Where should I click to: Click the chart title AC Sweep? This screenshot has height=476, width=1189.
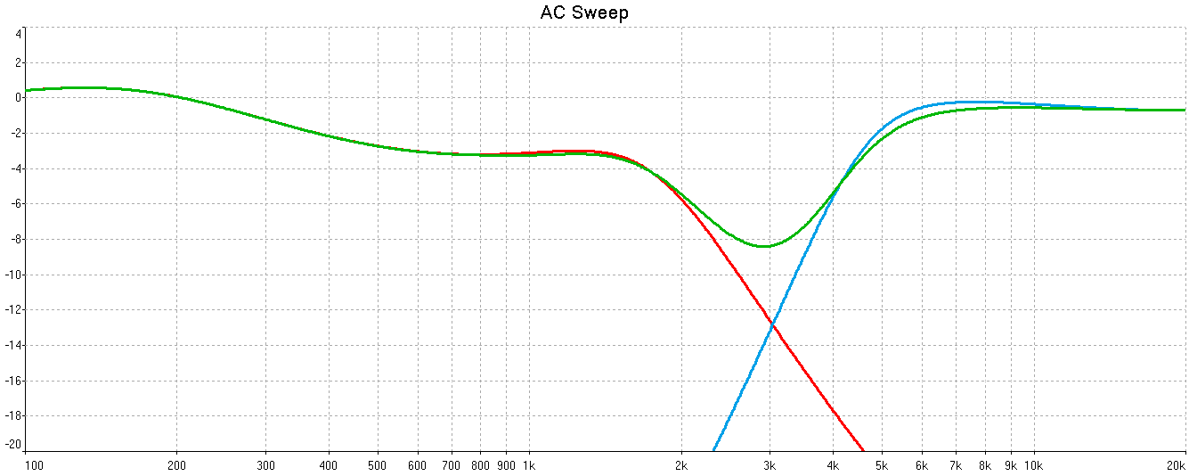pos(584,12)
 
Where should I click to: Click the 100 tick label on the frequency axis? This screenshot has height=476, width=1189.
pos(33,465)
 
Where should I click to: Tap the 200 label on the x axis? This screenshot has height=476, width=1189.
pos(176,465)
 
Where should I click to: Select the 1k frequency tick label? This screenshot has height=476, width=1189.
pos(528,465)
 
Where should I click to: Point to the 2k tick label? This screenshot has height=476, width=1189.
pos(681,465)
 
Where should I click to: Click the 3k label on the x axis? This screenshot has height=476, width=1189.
pos(770,465)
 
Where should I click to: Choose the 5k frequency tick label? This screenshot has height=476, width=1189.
pos(883,465)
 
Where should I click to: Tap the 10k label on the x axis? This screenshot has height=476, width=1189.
pos(1033,465)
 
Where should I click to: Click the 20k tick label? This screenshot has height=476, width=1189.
pos(1177,465)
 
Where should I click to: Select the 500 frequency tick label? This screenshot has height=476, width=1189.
pos(378,465)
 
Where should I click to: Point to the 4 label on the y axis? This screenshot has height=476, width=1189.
pos(18,34)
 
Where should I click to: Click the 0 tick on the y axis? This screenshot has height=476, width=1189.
pos(18,98)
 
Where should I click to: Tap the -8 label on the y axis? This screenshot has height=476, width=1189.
pos(14,240)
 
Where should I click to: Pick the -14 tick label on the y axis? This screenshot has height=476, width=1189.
pos(12,346)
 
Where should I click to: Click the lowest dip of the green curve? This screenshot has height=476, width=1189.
pos(764,246)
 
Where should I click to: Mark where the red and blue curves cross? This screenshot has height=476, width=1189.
pos(771,326)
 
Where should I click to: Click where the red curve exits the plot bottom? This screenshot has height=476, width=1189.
pos(864,450)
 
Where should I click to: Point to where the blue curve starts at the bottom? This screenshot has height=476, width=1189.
pos(713,450)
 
